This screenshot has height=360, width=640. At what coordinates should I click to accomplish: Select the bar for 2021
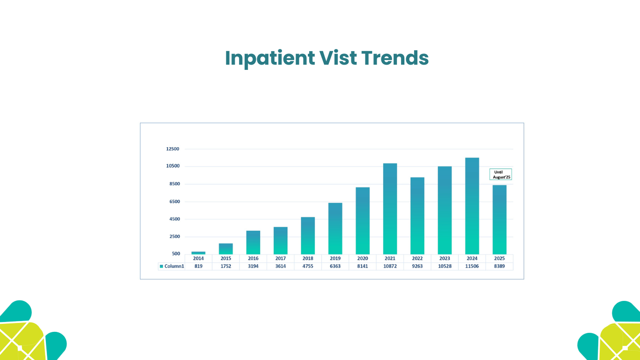click(x=390, y=209)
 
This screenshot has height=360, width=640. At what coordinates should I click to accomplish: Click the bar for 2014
click(x=198, y=253)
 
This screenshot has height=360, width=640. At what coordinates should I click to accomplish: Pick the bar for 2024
click(x=472, y=206)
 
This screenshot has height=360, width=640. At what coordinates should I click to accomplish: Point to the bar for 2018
click(x=308, y=235)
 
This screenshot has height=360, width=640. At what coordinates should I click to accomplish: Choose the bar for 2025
click(x=499, y=219)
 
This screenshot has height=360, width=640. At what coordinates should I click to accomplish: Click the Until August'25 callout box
click(x=500, y=174)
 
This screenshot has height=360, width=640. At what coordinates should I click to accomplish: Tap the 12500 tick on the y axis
click(x=172, y=149)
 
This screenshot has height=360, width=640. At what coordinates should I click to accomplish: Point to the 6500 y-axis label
click(x=174, y=202)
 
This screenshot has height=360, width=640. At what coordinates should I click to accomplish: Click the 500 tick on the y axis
click(x=176, y=254)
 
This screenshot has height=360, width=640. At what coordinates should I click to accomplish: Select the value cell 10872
click(x=390, y=266)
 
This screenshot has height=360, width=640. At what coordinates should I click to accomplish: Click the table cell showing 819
click(x=198, y=266)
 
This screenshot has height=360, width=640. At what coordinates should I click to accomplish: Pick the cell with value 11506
click(x=472, y=266)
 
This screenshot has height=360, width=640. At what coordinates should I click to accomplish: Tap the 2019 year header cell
click(x=335, y=258)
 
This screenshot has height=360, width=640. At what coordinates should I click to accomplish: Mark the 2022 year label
click(x=417, y=258)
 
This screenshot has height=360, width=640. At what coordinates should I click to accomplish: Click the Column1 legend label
click(x=174, y=266)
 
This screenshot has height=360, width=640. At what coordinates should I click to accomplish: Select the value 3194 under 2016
click(x=253, y=266)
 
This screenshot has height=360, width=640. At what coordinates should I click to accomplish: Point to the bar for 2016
click(x=253, y=242)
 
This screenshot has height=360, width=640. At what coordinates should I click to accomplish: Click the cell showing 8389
click(x=499, y=266)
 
